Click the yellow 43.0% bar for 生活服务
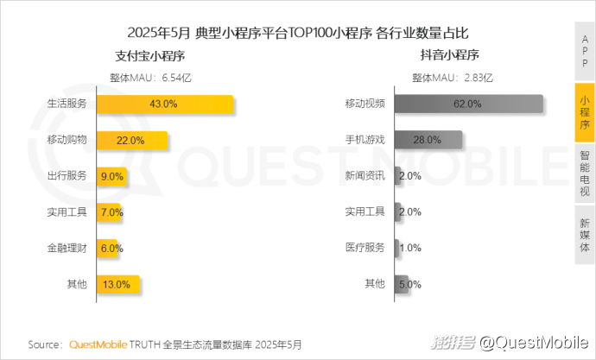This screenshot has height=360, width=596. point(164,104)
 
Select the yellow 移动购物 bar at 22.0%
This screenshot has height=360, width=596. point(131,140)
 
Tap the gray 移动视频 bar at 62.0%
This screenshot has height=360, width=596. point(468,104)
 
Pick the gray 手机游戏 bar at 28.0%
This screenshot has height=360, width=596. point(428,140)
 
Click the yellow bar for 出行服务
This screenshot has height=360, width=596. point(112,175)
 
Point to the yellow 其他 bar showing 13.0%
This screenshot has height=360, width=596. point(117,283)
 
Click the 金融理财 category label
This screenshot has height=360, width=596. point(67,247)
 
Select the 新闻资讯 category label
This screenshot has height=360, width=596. point(365,175)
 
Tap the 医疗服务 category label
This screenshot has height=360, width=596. point(365,247)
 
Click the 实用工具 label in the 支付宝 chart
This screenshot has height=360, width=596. point(67,212)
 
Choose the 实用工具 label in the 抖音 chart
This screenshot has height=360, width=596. point(365,212)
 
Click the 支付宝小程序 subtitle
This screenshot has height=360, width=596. point(150,57)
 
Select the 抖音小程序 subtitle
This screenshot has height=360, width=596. point(450,57)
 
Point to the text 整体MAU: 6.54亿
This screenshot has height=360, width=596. point(150,77)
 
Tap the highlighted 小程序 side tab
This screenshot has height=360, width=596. point(585,112)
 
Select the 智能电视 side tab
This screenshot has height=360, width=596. point(585,172)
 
